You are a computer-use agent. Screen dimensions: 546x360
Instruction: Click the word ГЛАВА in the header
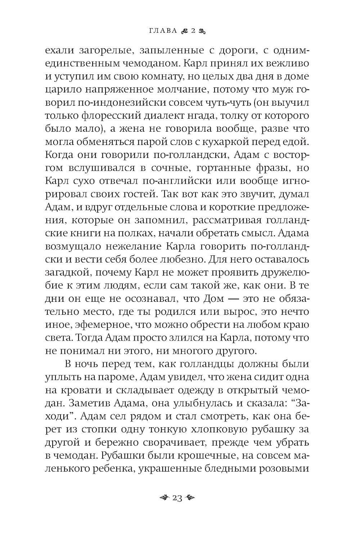point(163,31)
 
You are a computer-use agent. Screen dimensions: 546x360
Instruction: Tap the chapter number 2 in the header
point(193,31)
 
